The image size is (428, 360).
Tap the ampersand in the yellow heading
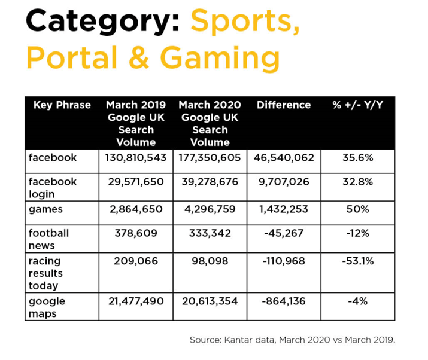click(x=139, y=57)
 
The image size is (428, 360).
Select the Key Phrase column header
click(x=62, y=105)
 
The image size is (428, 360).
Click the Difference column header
click(x=284, y=105)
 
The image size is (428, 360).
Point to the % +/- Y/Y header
click(x=358, y=105)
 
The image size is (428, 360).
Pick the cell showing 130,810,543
click(x=136, y=158)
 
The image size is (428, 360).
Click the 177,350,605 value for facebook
click(x=210, y=158)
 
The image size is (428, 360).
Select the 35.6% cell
click(x=358, y=158)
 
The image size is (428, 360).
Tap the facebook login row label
click(x=53, y=188)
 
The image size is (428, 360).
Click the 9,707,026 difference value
click(x=284, y=182)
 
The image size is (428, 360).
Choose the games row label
click(x=45, y=209)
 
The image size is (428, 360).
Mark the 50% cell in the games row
click(x=358, y=209)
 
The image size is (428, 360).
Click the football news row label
click(x=49, y=239)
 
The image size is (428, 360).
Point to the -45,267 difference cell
click(x=284, y=233)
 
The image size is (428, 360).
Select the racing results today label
click(x=45, y=273)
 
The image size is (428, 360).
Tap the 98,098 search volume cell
click(x=210, y=261)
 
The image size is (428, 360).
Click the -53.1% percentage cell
click(x=358, y=261)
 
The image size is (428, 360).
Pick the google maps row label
click(x=47, y=307)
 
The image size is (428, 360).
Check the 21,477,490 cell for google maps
click(x=136, y=301)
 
